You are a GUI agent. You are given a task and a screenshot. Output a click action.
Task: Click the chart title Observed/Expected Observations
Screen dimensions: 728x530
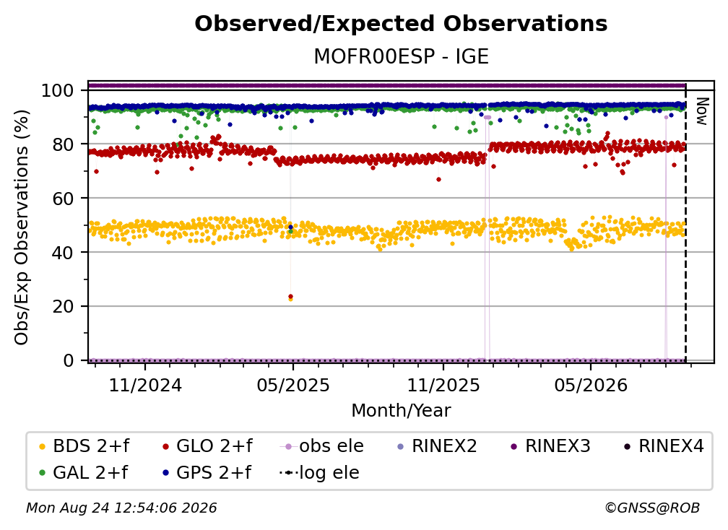tap(401, 24)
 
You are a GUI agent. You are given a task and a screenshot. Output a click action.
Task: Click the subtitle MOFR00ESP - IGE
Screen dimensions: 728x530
tap(401, 56)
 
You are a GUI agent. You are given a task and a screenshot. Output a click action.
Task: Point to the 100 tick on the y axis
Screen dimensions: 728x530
tap(58, 90)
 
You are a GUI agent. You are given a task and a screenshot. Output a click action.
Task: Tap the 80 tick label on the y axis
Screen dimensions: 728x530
tap(63, 144)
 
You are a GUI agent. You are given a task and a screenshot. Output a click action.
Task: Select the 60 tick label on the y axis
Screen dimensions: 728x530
tap(63, 198)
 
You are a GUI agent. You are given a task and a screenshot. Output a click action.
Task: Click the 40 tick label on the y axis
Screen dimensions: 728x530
tap(63, 253)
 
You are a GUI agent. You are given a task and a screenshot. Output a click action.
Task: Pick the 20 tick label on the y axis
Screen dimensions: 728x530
tap(63, 306)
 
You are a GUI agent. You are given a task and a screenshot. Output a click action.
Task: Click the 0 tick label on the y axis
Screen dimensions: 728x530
tap(69, 360)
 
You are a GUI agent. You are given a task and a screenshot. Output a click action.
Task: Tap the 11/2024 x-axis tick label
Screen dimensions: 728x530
tap(145, 385)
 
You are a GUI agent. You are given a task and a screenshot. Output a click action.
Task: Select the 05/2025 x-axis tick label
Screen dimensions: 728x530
tap(293, 385)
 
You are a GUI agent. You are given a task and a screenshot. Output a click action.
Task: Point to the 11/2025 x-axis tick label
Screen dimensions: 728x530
tap(443, 385)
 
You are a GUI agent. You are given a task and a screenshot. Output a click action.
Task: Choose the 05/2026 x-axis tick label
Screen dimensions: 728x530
tap(591, 385)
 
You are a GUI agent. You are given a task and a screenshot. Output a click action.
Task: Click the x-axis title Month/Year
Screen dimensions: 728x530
tap(401, 411)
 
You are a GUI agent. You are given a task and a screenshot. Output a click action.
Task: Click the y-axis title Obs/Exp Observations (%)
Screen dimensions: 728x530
tap(22, 227)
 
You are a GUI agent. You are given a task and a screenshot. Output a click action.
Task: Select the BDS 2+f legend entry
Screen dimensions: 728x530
tap(84, 446)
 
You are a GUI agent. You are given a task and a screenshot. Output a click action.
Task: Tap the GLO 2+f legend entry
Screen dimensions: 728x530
tap(207, 446)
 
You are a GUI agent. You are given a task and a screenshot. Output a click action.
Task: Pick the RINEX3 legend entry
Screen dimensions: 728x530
tap(550, 446)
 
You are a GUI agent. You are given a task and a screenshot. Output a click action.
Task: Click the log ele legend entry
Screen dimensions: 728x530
tap(319, 473)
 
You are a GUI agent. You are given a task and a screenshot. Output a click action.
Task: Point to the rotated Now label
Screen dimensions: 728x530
tap(702, 111)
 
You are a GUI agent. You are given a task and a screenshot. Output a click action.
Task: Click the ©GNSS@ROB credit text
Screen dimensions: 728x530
tap(652, 508)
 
